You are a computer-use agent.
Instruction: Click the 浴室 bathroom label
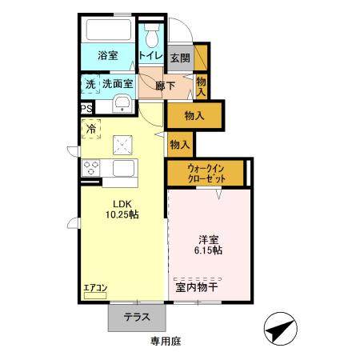coord(108,56)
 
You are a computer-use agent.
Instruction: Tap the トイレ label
coord(151,56)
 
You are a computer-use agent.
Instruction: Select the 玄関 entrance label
coord(180,58)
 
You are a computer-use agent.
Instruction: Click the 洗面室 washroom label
coord(117,82)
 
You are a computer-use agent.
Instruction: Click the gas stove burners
coord(90,168)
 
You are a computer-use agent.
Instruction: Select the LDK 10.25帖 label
coord(123,209)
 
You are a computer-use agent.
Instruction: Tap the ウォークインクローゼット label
coord(207,173)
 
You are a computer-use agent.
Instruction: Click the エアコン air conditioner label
coord(94,286)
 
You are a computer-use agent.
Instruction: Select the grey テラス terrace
coord(137,318)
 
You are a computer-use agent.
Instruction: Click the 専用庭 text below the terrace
coord(166,342)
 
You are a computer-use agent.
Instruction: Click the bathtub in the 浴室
coord(107,31)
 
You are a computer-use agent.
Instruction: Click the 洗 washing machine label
coord(88,82)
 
